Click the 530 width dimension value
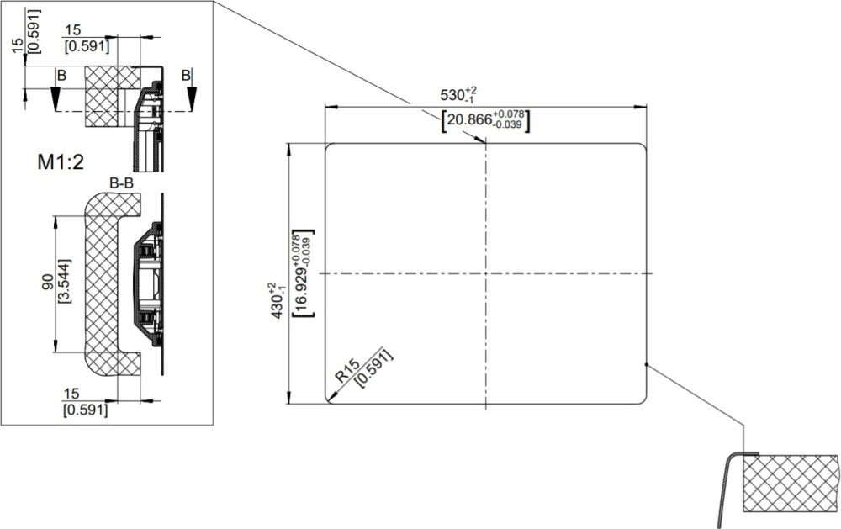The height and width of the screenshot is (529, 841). pyautogui.click(x=458, y=95)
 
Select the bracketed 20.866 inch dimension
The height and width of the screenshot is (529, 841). pyautogui.click(x=485, y=121)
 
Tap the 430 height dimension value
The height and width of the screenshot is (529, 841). pyautogui.click(x=278, y=301)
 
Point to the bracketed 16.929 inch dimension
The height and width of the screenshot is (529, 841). pyautogui.click(x=303, y=273)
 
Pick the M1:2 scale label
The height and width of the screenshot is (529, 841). pyautogui.click(x=61, y=161)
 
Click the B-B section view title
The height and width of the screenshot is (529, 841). pyautogui.click(x=121, y=183)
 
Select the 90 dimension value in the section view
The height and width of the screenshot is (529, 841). pyautogui.click(x=48, y=282)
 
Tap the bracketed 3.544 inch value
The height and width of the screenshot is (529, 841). pyautogui.click(x=65, y=282)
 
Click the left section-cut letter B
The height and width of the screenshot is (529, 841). pyautogui.click(x=61, y=76)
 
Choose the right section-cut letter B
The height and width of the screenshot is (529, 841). pyautogui.click(x=186, y=75)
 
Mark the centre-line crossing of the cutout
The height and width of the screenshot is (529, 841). pyautogui.click(x=486, y=273)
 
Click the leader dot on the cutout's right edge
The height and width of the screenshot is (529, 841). pyautogui.click(x=646, y=365)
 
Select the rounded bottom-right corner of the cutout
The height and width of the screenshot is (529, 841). pyautogui.click(x=643, y=399)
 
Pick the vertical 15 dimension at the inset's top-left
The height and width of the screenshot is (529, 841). pyautogui.click(x=18, y=45)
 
